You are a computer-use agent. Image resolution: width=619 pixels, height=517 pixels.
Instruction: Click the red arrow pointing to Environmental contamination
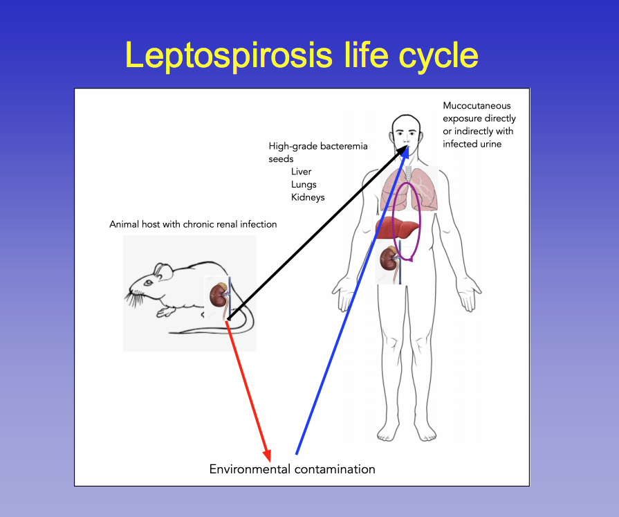248,392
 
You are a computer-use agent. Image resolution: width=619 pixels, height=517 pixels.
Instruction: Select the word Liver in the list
301,172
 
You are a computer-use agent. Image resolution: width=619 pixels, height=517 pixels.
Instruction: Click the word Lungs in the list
304,185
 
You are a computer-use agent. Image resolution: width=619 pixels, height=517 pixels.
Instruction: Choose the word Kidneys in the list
308,197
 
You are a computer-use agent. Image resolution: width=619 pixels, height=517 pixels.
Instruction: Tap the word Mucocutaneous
477,106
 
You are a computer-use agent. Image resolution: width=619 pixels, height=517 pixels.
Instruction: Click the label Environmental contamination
292,469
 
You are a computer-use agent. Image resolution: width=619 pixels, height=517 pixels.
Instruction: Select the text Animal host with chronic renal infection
193,224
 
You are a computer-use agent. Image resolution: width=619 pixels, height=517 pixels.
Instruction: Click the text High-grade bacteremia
318,146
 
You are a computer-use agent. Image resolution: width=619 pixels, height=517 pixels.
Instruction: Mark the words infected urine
474,143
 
